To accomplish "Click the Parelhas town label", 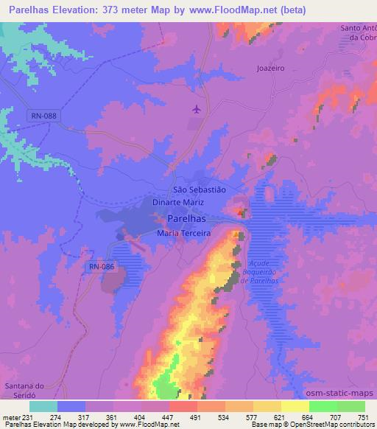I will [187, 219].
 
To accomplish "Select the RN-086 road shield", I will [102, 267].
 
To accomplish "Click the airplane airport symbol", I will [196, 110].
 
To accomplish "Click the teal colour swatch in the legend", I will [43, 406].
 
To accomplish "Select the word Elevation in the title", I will [80, 10].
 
